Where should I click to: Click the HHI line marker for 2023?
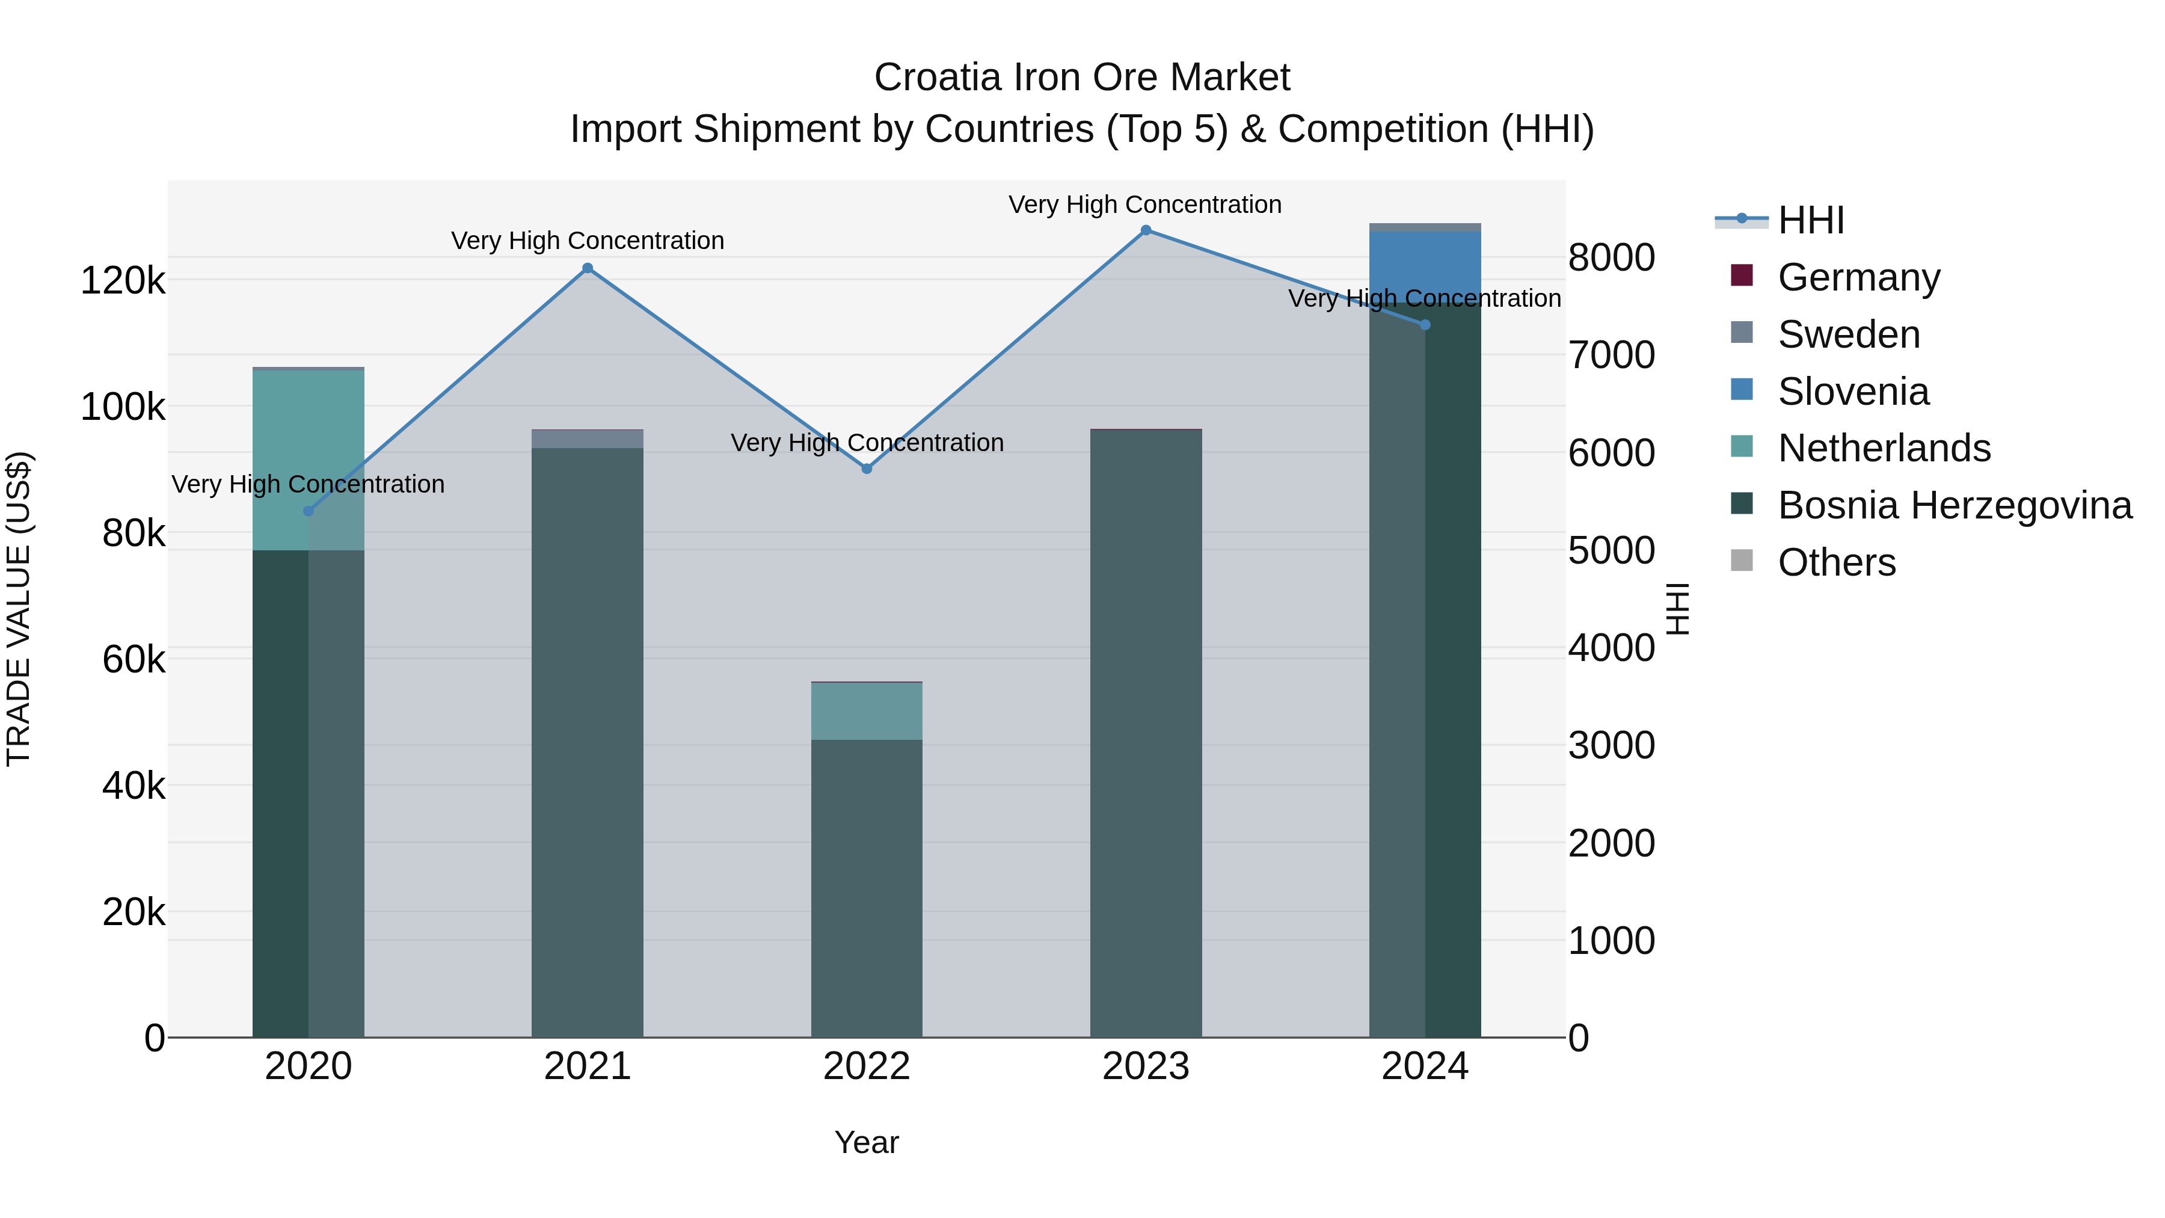[x=1146, y=230]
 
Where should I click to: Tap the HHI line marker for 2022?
[x=867, y=468]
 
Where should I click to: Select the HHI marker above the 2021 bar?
[x=588, y=269]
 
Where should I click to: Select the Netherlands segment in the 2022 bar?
[x=867, y=711]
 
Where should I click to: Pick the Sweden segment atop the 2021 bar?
[x=588, y=439]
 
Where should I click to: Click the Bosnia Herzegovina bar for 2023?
[x=1146, y=731]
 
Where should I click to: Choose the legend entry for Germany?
[x=1858, y=277]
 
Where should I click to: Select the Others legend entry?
[x=1837, y=562]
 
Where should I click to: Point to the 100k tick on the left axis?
[x=123, y=408]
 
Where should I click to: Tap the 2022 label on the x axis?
[x=867, y=1066]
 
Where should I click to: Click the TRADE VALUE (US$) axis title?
[x=19, y=609]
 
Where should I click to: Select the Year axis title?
[x=867, y=1142]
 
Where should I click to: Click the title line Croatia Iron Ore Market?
[x=1082, y=78]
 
